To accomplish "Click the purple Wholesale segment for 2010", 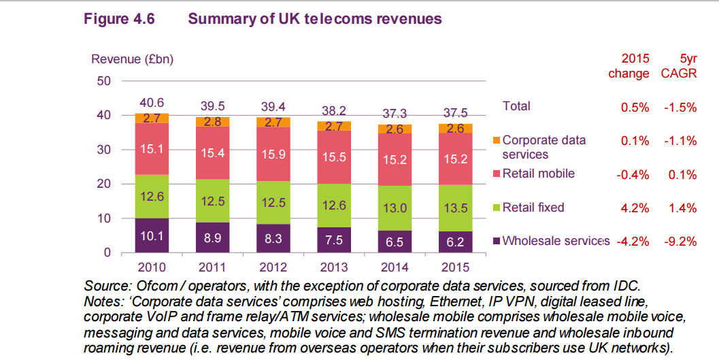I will [152, 235].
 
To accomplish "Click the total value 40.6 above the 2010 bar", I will [152, 103].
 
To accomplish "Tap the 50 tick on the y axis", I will [103, 81].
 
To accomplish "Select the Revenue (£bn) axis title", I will [133, 59].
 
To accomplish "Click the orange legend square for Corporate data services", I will [497, 141].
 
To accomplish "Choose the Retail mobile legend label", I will [538, 174].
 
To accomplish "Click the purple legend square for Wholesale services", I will [497, 240].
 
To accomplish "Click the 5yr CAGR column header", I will [679, 66].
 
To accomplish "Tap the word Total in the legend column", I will [516, 106].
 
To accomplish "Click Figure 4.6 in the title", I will [120, 19].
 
